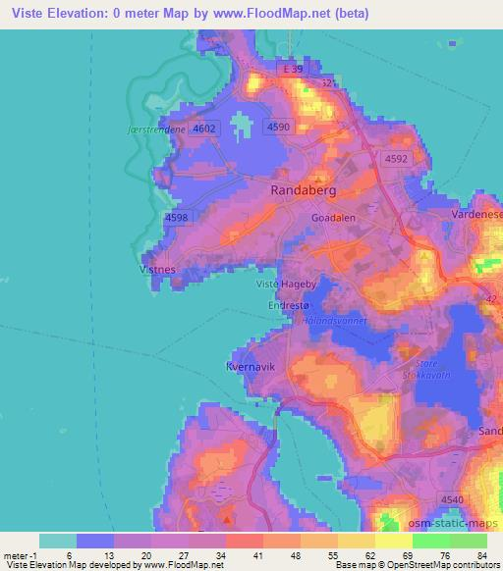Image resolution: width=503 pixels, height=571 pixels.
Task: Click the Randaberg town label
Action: coord(304,192)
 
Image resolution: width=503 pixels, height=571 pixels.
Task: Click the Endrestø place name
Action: coord(287,305)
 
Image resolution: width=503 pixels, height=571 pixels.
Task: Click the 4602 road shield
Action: coord(204,128)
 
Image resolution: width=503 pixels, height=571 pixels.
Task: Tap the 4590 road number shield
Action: coord(278,127)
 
